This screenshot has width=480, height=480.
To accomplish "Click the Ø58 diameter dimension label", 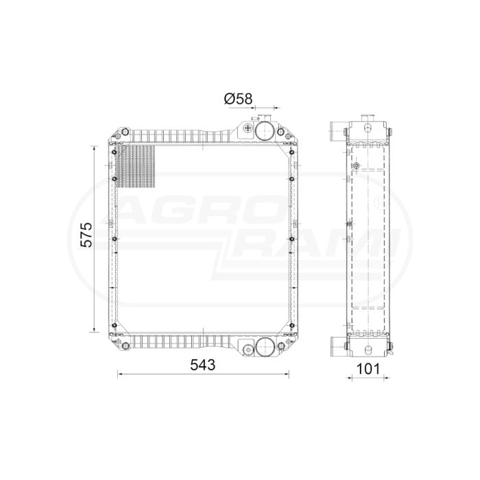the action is pyautogui.click(x=238, y=99).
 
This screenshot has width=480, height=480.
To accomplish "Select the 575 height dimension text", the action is pyautogui.click(x=86, y=235).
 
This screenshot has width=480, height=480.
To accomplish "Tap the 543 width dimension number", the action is pyautogui.click(x=203, y=365).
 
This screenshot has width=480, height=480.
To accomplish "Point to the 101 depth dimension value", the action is pyautogui.click(x=368, y=369).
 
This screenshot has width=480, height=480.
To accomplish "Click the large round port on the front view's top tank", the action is pyautogui.click(x=263, y=132).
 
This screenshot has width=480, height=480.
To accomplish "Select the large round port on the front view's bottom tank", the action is pyautogui.click(x=263, y=346).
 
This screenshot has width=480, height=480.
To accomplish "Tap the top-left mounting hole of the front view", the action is pyautogui.click(x=125, y=132).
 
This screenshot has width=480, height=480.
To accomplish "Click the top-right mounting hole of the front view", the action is pyautogui.click(x=280, y=132).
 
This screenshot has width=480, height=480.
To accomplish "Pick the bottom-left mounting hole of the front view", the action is pyautogui.click(x=125, y=346).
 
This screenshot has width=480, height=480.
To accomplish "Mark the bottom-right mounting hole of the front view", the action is pyautogui.click(x=280, y=346).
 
